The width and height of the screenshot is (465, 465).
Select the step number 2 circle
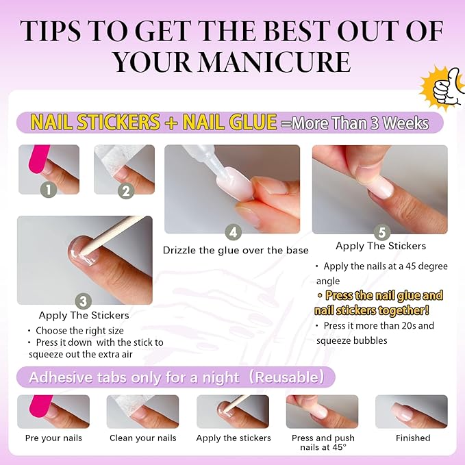tap(125, 190)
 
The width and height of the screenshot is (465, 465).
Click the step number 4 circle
tap(233, 231)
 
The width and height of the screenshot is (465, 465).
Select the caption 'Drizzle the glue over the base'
tap(236, 251)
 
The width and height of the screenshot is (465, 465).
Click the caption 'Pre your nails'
tap(53, 438)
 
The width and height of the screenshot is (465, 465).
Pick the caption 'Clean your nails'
tap(142, 438)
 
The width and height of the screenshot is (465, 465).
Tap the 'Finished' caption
tap(413, 438)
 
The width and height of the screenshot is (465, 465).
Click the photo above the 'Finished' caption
tap(411, 411)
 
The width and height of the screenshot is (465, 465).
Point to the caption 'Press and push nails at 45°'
tap(323, 442)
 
